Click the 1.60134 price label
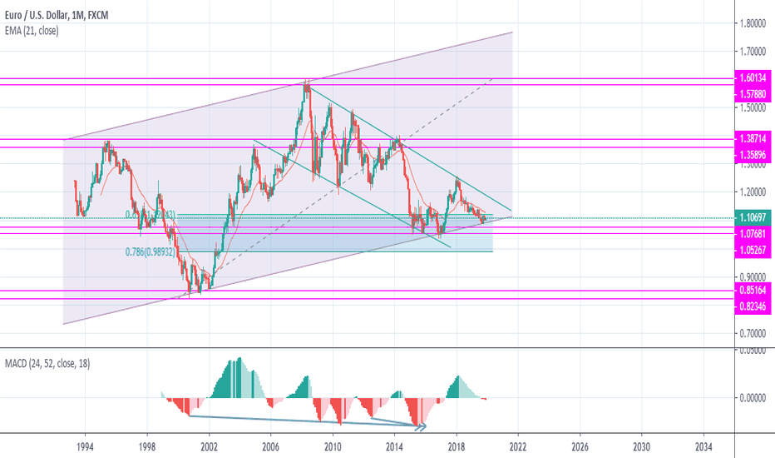click(755, 78)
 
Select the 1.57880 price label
click(755, 93)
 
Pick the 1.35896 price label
click(755, 154)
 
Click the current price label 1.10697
click(755, 217)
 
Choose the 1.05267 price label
click(755, 249)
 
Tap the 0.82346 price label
click(755, 307)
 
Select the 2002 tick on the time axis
click(209, 446)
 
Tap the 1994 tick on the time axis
click(85, 446)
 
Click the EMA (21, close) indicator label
click(31, 30)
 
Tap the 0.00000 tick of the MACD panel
click(755, 397)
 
